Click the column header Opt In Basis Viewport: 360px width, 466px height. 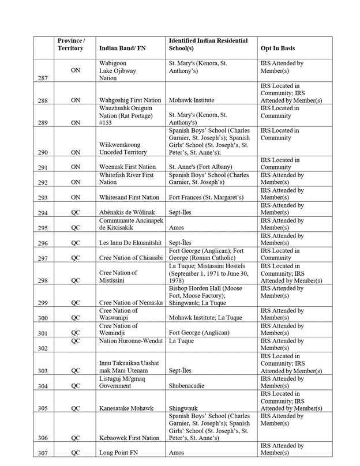coord(278,48)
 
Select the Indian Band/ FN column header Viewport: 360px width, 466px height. coord(122,48)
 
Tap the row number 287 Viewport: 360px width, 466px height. coord(42,78)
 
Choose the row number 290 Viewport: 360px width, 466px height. coord(42,152)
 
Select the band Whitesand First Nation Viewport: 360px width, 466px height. coord(129,197)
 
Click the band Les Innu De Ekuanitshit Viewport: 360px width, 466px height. coord(130,243)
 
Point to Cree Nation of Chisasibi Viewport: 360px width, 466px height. coord(129,258)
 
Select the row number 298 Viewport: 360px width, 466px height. coord(42,280)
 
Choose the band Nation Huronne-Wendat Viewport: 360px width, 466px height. coord(130,341)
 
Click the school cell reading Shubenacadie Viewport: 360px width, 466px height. coord(192,386)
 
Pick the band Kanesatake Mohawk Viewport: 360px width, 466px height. coord(126,408)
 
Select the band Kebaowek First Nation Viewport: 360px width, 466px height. coord(129,438)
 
